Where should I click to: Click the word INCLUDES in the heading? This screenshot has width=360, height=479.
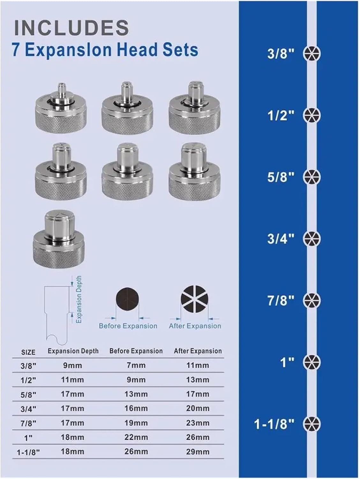click(71, 28)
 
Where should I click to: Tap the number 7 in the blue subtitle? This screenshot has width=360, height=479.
click(16, 50)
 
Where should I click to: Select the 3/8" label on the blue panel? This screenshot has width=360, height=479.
click(280, 54)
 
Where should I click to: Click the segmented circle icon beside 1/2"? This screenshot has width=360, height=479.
click(311, 115)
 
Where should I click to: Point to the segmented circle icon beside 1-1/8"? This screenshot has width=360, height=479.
click(311, 424)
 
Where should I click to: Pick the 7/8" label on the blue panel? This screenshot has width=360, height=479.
click(280, 300)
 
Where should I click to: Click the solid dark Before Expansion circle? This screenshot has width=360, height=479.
click(127, 299)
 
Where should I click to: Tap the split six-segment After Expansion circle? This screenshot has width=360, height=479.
click(194, 299)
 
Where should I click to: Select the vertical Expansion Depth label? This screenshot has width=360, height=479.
click(79, 299)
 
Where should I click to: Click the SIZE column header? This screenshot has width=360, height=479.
click(28, 352)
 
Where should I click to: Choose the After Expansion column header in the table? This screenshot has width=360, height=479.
click(198, 351)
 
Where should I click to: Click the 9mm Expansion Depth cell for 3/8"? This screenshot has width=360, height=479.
click(72, 365)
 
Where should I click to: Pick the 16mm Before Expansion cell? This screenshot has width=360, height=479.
click(136, 408)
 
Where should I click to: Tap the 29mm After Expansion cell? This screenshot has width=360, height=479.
click(198, 452)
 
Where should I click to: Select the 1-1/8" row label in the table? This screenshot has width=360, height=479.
click(28, 452)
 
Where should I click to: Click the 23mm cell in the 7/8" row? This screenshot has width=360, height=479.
click(198, 423)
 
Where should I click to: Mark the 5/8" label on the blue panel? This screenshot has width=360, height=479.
click(280, 177)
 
